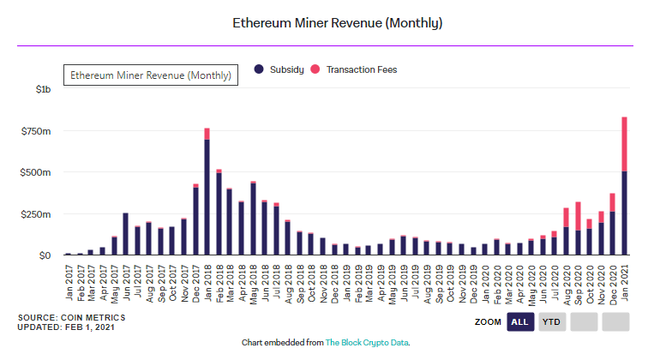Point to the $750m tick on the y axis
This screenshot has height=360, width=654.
point(37,130)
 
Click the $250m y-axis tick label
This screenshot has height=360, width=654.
point(37,213)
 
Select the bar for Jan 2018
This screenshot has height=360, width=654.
point(207,197)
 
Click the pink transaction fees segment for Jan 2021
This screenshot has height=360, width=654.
point(625,144)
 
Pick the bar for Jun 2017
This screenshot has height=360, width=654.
point(125,233)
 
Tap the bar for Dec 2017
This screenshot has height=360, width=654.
point(195,220)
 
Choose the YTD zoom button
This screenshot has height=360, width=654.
point(553,321)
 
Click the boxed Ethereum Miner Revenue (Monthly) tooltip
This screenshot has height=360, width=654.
point(151,75)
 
